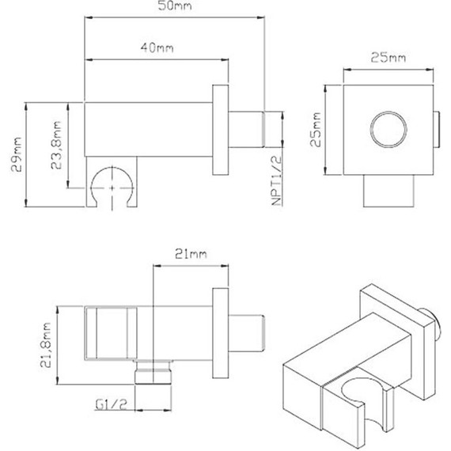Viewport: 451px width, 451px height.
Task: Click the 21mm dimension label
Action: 189,253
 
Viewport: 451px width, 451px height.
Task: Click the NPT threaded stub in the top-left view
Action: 253,128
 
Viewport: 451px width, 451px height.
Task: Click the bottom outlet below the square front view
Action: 388,192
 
